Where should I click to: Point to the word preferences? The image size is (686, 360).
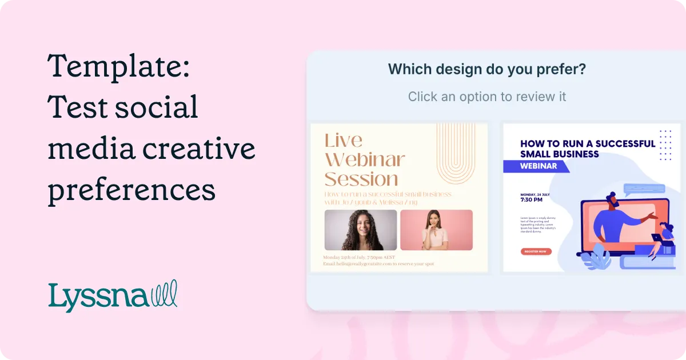[131, 190]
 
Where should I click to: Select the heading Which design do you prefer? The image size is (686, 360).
[487, 70]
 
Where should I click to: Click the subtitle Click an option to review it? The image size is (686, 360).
[487, 97]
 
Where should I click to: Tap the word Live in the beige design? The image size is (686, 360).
[343, 141]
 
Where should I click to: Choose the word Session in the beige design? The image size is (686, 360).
[361, 179]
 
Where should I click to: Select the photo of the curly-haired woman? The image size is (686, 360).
[360, 230]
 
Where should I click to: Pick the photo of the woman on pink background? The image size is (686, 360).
[436, 230]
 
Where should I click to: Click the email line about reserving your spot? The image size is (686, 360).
[378, 264]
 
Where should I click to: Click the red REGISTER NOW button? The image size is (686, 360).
[536, 251]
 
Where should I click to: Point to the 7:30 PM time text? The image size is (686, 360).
[532, 200]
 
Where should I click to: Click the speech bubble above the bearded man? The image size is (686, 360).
[644, 189]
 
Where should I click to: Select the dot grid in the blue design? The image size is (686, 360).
[665, 145]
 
